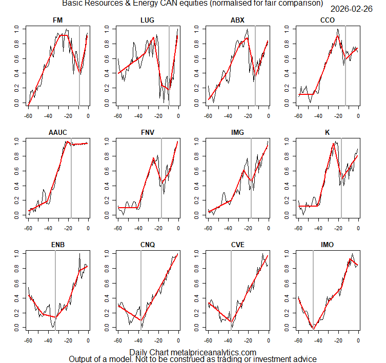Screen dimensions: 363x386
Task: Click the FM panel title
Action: (x=58, y=20)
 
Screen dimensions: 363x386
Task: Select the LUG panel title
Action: (x=148, y=20)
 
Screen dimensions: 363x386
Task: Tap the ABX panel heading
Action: (x=238, y=20)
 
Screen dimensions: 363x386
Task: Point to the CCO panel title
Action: (x=328, y=20)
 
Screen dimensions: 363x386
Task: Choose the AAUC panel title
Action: (x=58, y=132)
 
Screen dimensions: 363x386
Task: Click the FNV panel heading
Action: (x=148, y=132)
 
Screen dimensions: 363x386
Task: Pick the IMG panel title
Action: (x=238, y=132)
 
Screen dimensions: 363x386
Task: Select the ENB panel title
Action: (x=58, y=245)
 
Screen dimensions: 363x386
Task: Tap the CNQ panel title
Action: (x=148, y=245)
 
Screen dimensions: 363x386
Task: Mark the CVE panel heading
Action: (x=238, y=245)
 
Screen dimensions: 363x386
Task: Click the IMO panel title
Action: (x=328, y=245)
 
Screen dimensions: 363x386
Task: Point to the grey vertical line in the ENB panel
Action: (x=55, y=287)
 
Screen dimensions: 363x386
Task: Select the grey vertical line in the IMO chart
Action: (x=313, y=287)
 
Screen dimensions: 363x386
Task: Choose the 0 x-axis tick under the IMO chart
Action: (x=358, y=340)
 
